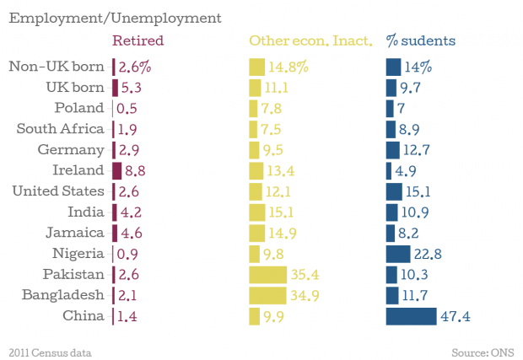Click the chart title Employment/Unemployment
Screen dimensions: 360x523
pos(116,18)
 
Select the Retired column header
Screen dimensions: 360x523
pos(137,40)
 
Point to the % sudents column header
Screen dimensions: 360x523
pos(421,40)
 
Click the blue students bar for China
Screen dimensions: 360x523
pos(411,316)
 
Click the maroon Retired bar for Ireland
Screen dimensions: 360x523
pos(117,170)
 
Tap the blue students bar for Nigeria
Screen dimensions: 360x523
pos(397,254)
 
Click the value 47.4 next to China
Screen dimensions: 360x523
pos(455,316)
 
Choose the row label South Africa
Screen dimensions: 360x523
pos(61,129)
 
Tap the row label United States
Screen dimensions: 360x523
pos(58,191)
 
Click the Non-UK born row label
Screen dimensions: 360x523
pos(57,67)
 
